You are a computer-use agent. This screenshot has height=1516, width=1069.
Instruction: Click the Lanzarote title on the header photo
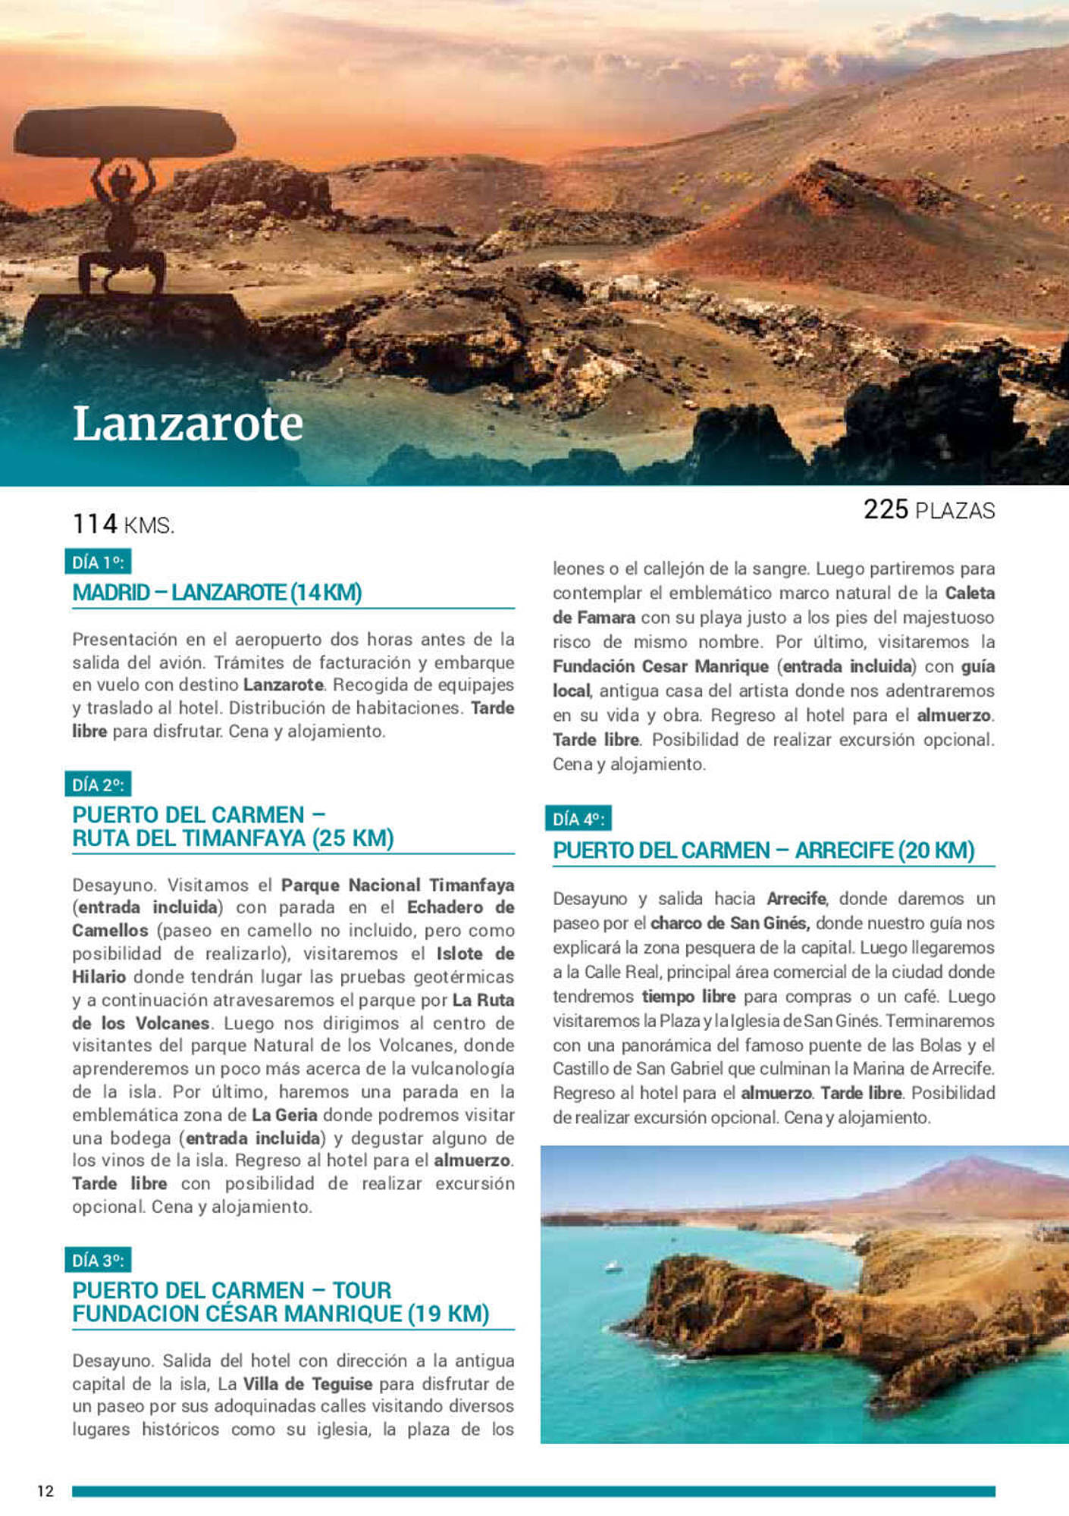tap(187, 424)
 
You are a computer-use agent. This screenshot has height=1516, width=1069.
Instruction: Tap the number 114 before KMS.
tap(95, 524)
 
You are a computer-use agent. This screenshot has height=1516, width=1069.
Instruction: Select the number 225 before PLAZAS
tap(886, 509)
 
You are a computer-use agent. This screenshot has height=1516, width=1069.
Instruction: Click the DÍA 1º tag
tap(98, 562)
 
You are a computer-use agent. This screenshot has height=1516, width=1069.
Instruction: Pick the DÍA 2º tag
tap(98, 785)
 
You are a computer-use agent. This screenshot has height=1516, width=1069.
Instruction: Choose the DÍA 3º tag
tap(98, 1261)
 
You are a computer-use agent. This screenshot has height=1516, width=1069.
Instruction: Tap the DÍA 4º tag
tap(578, 819)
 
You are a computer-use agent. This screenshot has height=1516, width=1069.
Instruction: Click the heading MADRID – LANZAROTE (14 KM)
tap(217, 592)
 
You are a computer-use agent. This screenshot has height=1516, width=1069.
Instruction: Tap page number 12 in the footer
tap(45, 1491)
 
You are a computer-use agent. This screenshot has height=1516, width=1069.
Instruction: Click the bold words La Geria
tap(284, 1115)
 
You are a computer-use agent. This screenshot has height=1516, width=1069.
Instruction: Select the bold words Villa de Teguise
tap(307, 1383)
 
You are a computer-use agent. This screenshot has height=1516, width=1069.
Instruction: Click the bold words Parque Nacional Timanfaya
tap(397, 885)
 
